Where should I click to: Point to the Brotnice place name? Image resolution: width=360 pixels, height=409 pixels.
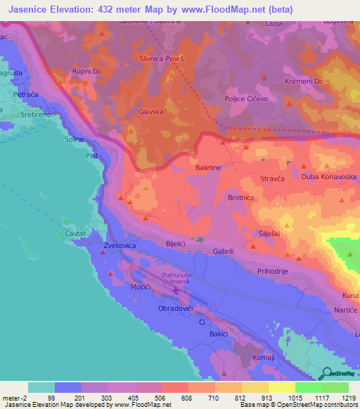click(x=240, y=198)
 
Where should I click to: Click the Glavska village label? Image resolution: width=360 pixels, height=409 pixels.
click(x=151, y=111)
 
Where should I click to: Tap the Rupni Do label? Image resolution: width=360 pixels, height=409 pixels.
click(x=88, y=71)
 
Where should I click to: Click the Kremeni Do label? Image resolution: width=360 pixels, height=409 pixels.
click(x=323, y=82)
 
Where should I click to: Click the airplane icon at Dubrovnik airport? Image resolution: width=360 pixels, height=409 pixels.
click(x=175, y=289)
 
